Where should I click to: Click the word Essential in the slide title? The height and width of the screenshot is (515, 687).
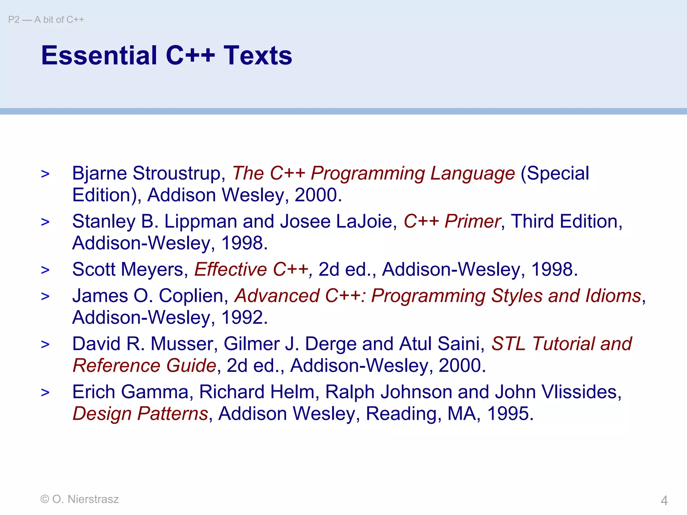point(99,55)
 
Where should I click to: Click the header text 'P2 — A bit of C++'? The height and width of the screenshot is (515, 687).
point(46,20)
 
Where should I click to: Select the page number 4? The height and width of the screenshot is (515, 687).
point(664,501)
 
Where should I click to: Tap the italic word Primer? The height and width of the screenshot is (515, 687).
point(473,222)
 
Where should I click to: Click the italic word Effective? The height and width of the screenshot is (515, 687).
point(231,270)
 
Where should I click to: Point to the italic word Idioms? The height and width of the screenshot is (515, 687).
point(613,296)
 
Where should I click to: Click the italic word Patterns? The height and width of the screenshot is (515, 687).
point(173,414)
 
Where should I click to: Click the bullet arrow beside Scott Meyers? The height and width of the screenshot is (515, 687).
point(45,270)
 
